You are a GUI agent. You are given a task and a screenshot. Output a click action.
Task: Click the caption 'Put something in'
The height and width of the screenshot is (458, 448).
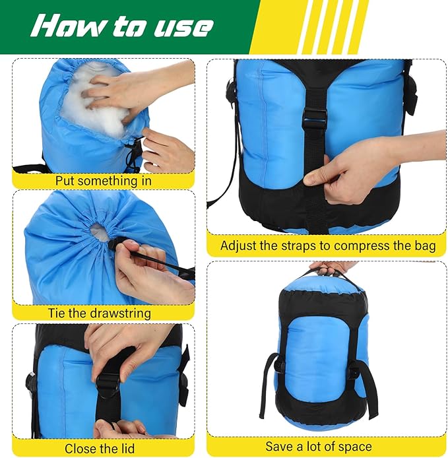(x=104, y=180)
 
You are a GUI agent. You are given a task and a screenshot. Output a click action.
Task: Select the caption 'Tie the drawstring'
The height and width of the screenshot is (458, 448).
(x=100, y=313)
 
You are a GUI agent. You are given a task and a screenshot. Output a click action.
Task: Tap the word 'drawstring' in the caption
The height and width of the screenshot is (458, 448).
(x=119, y=313)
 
